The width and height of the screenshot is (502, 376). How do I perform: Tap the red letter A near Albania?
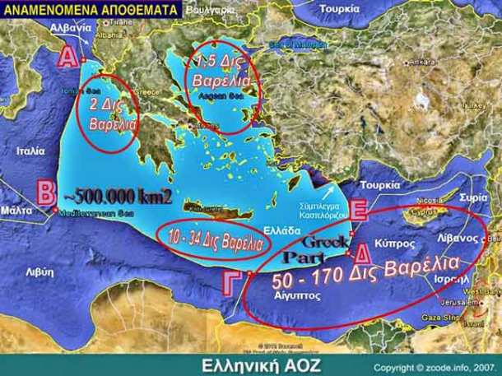pos(68,56)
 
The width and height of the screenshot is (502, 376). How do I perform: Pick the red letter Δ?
pos(361,254)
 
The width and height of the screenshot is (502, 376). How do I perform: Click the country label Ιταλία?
pos(30,151)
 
